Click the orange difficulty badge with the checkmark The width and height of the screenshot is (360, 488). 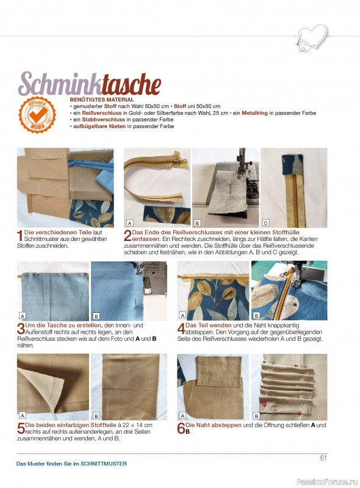37,115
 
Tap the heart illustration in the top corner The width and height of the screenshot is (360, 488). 312,37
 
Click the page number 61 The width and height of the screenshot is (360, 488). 323,458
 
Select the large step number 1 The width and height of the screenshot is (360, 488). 20,235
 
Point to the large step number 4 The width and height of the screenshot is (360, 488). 181,329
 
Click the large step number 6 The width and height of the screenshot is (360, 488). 181,428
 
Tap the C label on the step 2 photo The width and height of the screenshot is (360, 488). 265,223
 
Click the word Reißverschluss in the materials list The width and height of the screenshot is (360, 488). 101,113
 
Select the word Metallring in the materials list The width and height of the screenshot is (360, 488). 254,113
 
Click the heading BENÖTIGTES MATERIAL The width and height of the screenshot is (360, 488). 102,100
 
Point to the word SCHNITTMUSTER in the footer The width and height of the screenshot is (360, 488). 104,464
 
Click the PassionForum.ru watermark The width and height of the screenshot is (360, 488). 327,482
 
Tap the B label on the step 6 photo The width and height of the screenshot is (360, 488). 257,416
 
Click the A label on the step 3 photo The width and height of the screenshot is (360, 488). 23,316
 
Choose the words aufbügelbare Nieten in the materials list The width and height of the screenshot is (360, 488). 99,126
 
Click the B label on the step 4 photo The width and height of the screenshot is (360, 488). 257,316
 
